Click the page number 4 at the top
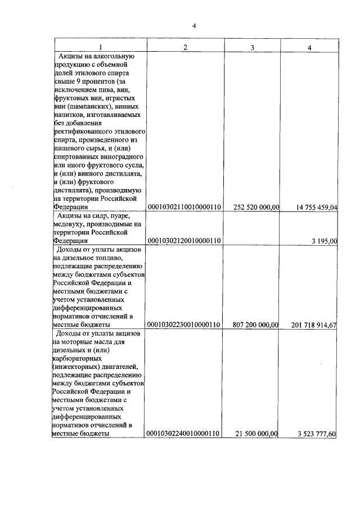coord(194,25)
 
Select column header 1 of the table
coord(101,47)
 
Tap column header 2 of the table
coord(186,47)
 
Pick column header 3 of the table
coord(253,47)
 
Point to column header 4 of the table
coord(309,47)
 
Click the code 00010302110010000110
coord(183,208)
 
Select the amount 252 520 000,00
coord(256,208)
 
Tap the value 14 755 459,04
coord(316,208)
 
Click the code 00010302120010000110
coord(183,241)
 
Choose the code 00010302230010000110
coord(183,325)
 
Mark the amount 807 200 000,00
coord(256,325)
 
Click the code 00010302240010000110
coord(183,433)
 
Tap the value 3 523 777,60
coord(317,433)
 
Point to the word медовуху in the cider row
coord(69,224)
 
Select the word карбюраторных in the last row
coord(77,358)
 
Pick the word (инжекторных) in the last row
coord(76,367)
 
